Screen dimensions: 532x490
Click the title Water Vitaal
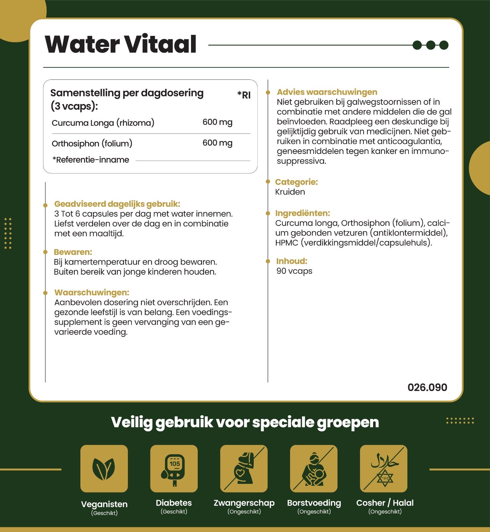[121, 44]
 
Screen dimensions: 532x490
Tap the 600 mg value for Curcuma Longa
[217, 122]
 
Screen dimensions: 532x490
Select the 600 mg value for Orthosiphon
[217, 143]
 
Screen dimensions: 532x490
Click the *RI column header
[244, 95]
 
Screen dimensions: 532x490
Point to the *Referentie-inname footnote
[91, 160]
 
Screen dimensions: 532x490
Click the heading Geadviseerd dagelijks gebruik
[117, 204]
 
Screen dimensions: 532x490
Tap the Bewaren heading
[73, 252]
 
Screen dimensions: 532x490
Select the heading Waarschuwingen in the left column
[92, 293]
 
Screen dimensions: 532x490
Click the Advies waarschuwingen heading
[327, 92]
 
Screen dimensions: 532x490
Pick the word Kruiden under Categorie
[290, 192]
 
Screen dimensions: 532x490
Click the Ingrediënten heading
[302, 213]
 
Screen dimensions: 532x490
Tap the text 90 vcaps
[294, 271]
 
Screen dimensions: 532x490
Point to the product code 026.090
[427, 387]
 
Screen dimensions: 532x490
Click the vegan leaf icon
[104, 468]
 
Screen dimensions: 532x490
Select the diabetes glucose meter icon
[174, 468]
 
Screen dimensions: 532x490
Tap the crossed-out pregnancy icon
[244, 468]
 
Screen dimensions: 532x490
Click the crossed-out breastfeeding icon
[314, 468]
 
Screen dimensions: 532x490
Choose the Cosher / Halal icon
[384, 468]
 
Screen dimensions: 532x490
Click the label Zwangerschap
[244, 503]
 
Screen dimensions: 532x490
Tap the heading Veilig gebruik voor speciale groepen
[245, 422]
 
